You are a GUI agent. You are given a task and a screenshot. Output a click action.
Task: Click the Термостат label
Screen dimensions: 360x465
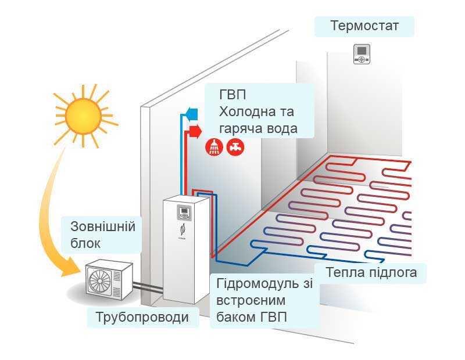pos(364,27)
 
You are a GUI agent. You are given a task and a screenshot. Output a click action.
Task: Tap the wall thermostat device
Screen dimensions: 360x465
pos(362,55)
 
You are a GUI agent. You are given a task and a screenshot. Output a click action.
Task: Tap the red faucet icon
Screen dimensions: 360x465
pos(235,147)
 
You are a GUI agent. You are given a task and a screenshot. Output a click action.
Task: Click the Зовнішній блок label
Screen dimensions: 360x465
pos(102,234)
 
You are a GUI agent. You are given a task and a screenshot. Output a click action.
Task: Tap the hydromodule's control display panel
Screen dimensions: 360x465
pos(184,213)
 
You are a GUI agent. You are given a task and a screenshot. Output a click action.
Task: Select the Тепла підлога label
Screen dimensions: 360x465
pos(371,273)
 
